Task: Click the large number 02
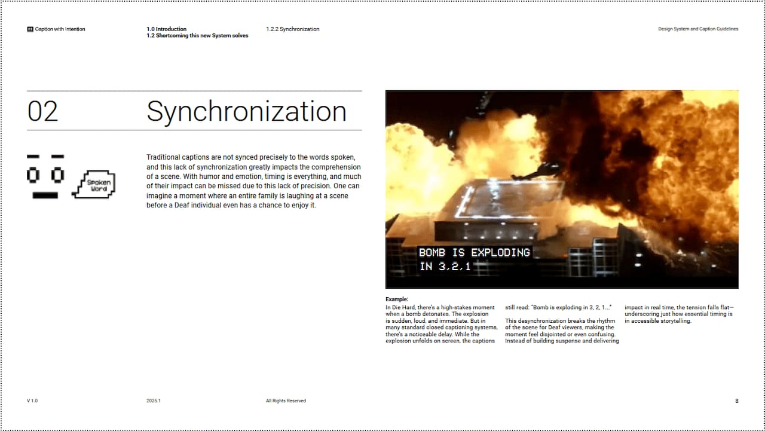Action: coord(43,112)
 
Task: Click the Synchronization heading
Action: coord(246,112)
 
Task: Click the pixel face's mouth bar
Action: coord(45,195)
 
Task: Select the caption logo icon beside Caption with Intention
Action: coord(30,29)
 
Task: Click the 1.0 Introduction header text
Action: coord(166,29)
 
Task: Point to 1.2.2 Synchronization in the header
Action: coord(292,29)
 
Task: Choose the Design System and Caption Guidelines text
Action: coord(697,29)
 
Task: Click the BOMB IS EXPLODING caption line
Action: coord(474,252)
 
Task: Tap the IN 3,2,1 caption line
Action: coord(445,267)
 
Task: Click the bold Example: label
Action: coord(397,299)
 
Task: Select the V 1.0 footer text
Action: coord(32,401)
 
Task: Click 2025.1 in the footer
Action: coord(154,401)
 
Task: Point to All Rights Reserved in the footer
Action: coord(286,401)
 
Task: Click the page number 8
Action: coord(736,401)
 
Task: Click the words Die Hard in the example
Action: coord(403,307)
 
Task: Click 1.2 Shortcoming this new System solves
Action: coord(197,36)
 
